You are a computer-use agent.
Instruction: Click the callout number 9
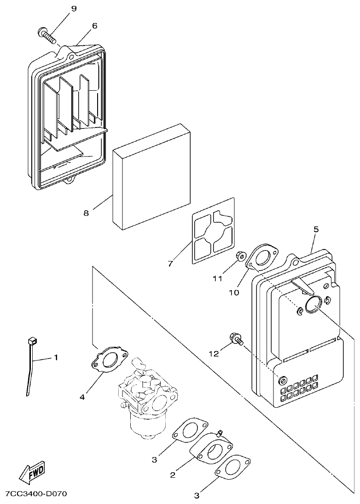[x=74, y=9]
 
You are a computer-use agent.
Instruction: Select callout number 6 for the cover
[x=94, y=26]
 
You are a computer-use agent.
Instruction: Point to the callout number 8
[x=86, y=213]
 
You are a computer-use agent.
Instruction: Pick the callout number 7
[x=170, y=263]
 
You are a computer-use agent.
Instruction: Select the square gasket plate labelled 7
[x=212, y=231]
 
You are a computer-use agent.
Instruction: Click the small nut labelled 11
[x=240, y=256]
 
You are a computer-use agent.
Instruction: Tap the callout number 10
[x=234, y=292]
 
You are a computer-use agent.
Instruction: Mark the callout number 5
[x=316, y=229]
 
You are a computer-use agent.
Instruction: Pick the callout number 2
[x=173, y=475]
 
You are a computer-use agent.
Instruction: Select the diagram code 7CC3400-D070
[x=36, y=494]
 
